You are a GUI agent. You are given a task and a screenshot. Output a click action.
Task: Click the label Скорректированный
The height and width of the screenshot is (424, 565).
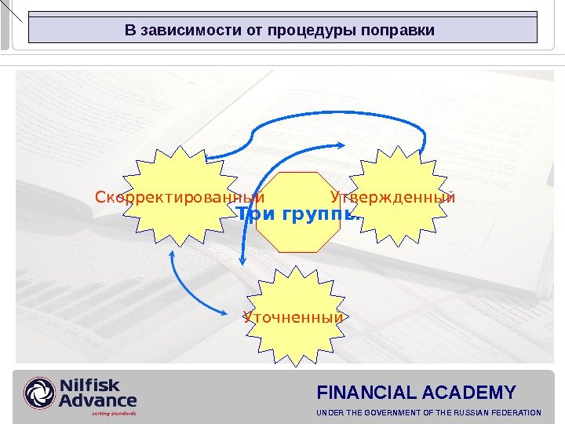(180, 196)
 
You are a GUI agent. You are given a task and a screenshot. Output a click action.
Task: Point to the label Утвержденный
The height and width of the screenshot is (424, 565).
(392, 196)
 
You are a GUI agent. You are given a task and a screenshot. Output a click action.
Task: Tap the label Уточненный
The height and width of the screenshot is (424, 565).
(293, 318)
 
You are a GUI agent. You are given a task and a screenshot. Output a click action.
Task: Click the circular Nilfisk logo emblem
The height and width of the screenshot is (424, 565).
(40, 393)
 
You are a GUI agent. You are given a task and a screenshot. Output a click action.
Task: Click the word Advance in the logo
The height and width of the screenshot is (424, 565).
(97, 400)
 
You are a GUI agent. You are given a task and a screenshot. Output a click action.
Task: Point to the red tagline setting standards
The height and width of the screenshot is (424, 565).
(114, 413)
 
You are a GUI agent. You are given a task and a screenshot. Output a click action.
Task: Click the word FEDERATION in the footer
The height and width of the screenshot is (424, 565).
(515, 413)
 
